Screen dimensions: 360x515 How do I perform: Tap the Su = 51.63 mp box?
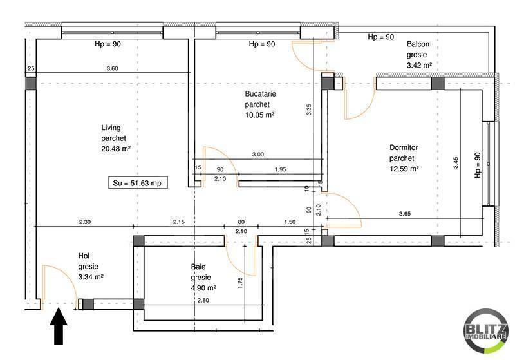click(x=136, y=183)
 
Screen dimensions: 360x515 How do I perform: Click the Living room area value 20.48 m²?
click(x=116, y=148)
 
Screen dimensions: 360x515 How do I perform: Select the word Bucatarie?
click(x=260, y=94)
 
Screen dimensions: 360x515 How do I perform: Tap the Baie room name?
click(x=198, y=267)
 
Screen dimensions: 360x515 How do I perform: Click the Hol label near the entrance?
click(x=84, y=255)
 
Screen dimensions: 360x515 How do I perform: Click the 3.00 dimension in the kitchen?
click(x=257, y=155)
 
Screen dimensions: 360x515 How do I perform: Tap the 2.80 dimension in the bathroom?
click(x=203, y=300)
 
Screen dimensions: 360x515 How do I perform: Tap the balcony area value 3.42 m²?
click(x=418, y=65)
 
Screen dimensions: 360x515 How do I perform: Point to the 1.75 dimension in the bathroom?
click(x=239, y=283)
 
